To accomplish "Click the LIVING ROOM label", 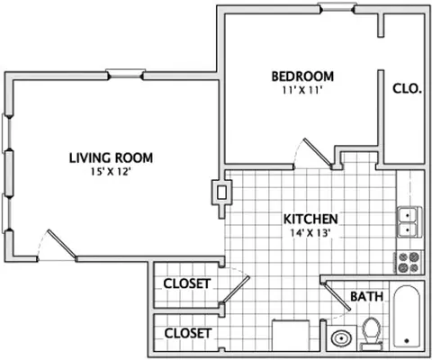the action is pos(111,158).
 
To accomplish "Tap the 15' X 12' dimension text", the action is pos(111,172).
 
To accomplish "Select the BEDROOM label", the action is pos(302,76).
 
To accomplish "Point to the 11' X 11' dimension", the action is pos(302,90).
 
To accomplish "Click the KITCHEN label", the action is pos(310,220).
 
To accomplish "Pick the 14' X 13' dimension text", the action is pos(310,233).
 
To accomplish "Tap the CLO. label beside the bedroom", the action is pos(407,88).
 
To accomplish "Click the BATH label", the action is pos(367,296).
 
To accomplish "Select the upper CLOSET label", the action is pos(187,283).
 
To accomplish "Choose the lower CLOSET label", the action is pos(188,333).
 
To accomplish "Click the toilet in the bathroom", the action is pos(371,334).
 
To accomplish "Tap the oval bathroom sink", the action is pos(342,338).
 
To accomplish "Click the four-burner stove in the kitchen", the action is pos(409,263).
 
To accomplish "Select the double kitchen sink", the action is pos(409,222).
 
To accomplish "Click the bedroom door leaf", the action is pos(318,153).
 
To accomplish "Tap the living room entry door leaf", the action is pos(62,244).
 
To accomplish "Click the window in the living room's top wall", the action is pos(125,74).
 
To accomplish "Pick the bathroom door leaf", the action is pos(337,297).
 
